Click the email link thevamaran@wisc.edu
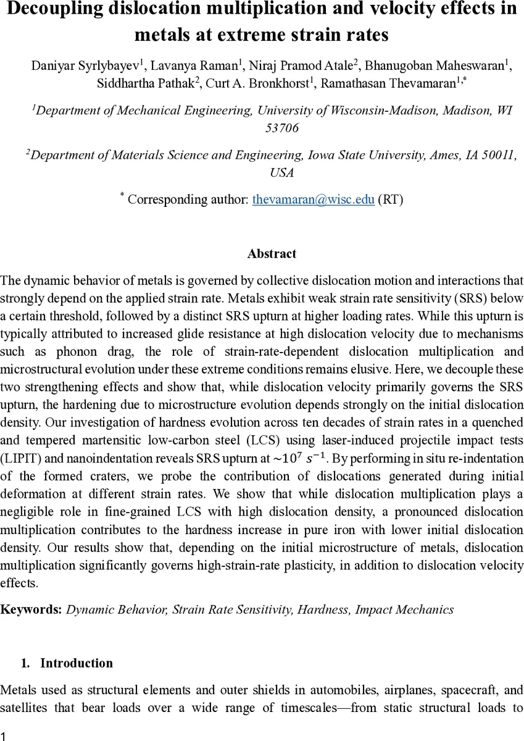313,199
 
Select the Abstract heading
272,254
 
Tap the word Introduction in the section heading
77,663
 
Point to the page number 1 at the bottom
4,735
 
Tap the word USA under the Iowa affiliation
281,173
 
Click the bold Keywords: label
31,609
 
